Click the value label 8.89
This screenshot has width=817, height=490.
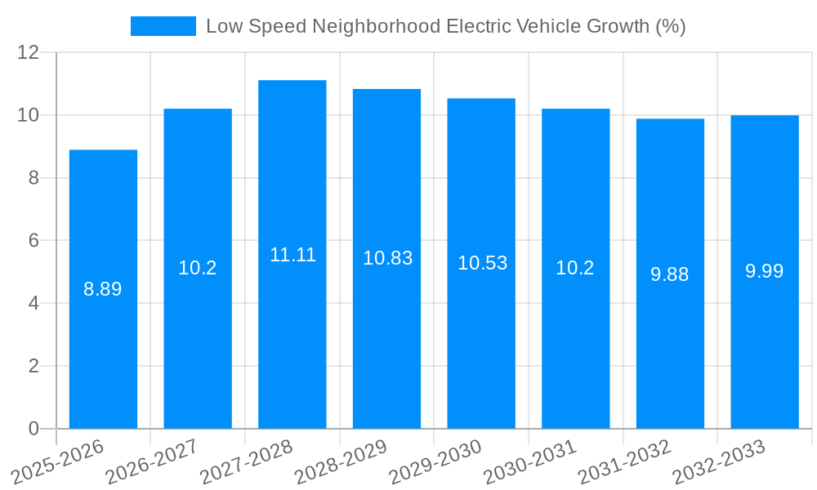[x=103, y=289]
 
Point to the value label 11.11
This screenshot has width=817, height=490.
[x=292, y=255]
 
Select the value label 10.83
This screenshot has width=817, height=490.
[x=387, y=259]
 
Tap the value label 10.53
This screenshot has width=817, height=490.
[x=482, y=263]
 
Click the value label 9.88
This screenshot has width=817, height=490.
[x=670, y=274]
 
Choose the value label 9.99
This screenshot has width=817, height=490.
[x=765, y=272]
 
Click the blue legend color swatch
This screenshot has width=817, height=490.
[x=163, y=26]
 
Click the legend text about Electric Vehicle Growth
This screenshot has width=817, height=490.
[x=445, y=26]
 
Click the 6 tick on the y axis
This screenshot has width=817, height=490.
[x=33, y=241]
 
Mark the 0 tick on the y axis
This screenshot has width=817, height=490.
[x=33, y=429]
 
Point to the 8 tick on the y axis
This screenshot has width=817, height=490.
[x=33, y=178]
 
